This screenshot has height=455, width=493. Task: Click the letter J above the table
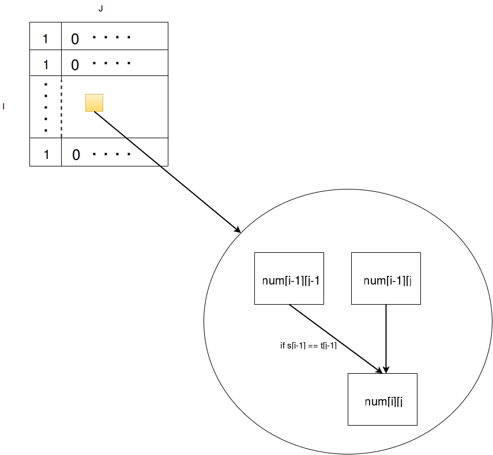pyautogui.click(x=100, y=9)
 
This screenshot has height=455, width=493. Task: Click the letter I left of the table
pyautogui.click(x=3, y=107)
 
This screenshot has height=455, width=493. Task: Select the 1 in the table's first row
pyautogui.click(x=46, y=39)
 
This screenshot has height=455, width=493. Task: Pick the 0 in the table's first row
pyautogui.click(x=75, y=39)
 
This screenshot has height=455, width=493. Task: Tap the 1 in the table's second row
pyautogui.click(x=46, y=65)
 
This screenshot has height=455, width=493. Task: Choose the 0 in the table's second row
pyautogui.click(x=75, y=65)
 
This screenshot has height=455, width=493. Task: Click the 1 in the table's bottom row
pyautogui.click(x=46, y=155)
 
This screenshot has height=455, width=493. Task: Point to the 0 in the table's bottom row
pyautogui.click(x=76, y=155)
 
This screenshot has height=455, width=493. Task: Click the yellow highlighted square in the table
pyautogui.click(x=95, y=103)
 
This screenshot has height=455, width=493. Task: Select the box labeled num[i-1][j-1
pyautogui.click(x=289, y=278)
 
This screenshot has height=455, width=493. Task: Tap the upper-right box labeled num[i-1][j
pyautogui.click(x=386, y=278)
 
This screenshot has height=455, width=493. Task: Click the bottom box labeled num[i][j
pyautogui.click(x=382, y=399)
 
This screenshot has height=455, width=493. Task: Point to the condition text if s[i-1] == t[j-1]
pyautogui.click(x=308, y=346)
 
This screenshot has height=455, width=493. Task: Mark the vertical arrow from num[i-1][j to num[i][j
pyautogui.click(x=386, y=339)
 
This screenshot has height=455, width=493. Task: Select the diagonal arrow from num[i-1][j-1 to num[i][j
pyautogui.click(x=336, y=339)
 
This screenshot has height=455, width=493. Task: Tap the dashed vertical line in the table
pyautogui.click(x=61, y=107)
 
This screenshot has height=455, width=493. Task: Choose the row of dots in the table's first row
pyautogui.click(x=111, y=37)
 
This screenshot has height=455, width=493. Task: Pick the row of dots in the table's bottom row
pyautogui.click(x=111, y=154)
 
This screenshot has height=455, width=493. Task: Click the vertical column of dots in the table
pyautogui.click(x=46, y=107)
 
